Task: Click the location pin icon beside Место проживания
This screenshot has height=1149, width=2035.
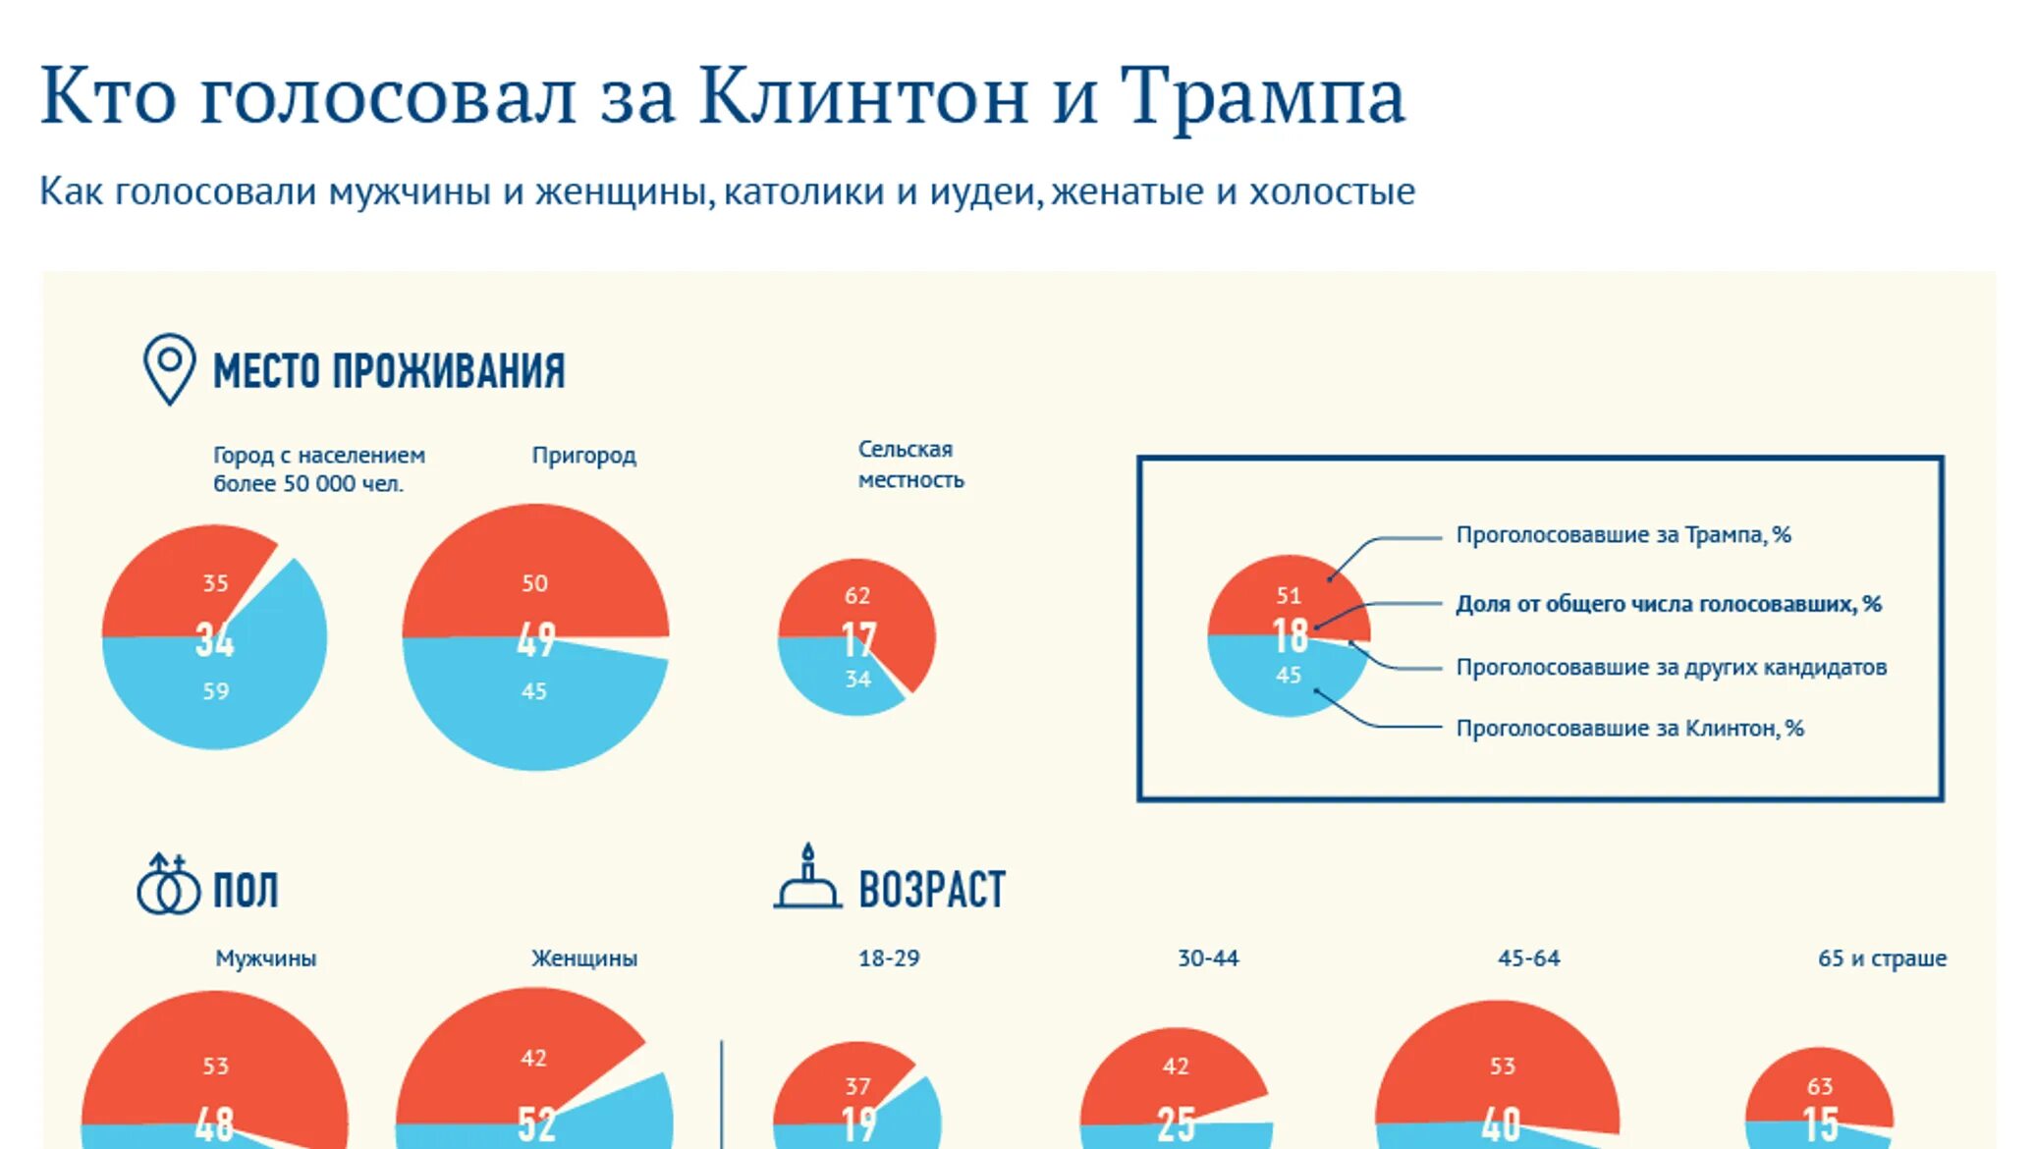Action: click(x=169, y=368)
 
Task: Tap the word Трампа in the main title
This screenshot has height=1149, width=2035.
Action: click(x=1262, y=96)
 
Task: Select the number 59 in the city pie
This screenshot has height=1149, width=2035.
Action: click(x=215, y=691)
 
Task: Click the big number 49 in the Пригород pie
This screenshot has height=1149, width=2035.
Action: click(x=536, y=640)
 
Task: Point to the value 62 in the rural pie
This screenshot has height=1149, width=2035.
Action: click(x=856, y=596)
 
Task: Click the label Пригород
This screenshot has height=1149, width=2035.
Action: click(x=583, y=456)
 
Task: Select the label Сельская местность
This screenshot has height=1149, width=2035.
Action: click(x=909, y=465)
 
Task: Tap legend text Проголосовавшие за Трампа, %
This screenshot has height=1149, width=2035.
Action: click(x=1622, y=535)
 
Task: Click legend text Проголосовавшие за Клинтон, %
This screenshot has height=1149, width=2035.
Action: click(x=1628, y=729)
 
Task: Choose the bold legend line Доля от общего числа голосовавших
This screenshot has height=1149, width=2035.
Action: click(x=1667, y=604)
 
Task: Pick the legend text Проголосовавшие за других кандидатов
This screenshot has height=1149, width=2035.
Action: click(x=1671, y=668)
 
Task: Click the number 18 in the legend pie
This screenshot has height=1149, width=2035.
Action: click(x=1290, y=636)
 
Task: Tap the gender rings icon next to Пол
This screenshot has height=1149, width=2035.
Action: click(x=167, y=886)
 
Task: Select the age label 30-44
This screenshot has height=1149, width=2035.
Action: click(x=1207, y=958)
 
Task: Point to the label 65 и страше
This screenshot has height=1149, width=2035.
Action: click(x=1881, y=958)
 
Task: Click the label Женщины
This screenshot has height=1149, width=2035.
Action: click(x=583, y=958)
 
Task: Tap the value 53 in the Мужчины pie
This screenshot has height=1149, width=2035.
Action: click(x=215, y=1067)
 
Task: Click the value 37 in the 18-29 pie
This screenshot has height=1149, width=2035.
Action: click(x=856, y=1086)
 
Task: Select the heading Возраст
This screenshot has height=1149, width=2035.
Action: click(x=931, y=890)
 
